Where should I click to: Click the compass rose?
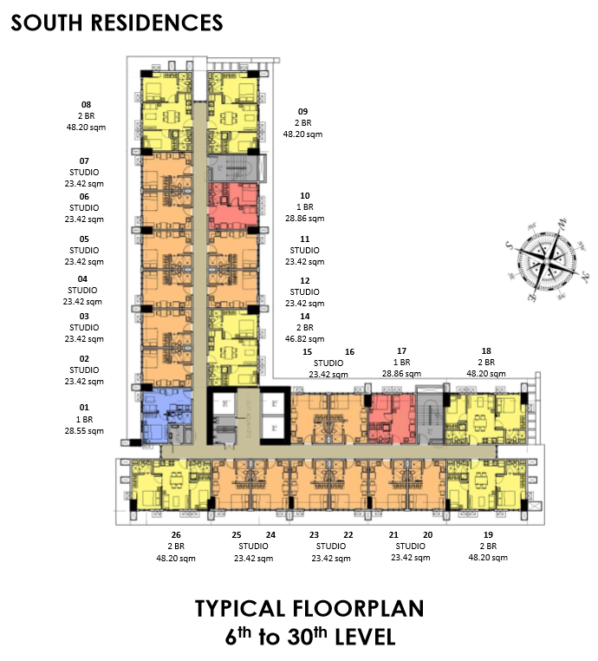(x=547, y=260)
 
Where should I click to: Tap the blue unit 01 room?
(x=166, y=416)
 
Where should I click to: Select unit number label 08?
(x=86, y=105)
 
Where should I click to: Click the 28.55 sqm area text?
(x=84, y=431)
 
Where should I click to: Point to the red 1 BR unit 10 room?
(x=233, y=206)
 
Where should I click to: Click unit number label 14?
(x=305, y=316)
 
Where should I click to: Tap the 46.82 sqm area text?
(x=305, y=339)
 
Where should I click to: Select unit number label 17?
(x=402, y=350)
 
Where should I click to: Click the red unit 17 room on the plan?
(x=392, y=419)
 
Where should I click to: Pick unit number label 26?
(x=176, y=534)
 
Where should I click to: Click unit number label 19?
(x=488, y=534)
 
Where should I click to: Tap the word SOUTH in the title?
(x=46, y=23)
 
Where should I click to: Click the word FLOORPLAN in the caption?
(x=358, y=609)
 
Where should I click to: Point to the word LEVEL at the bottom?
(x=366, y=637)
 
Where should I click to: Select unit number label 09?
(x=302, y=111)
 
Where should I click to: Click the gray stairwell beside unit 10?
(x=237, y=168)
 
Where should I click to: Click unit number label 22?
(x=348, y=534)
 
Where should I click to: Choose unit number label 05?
(x=84, y=239)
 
